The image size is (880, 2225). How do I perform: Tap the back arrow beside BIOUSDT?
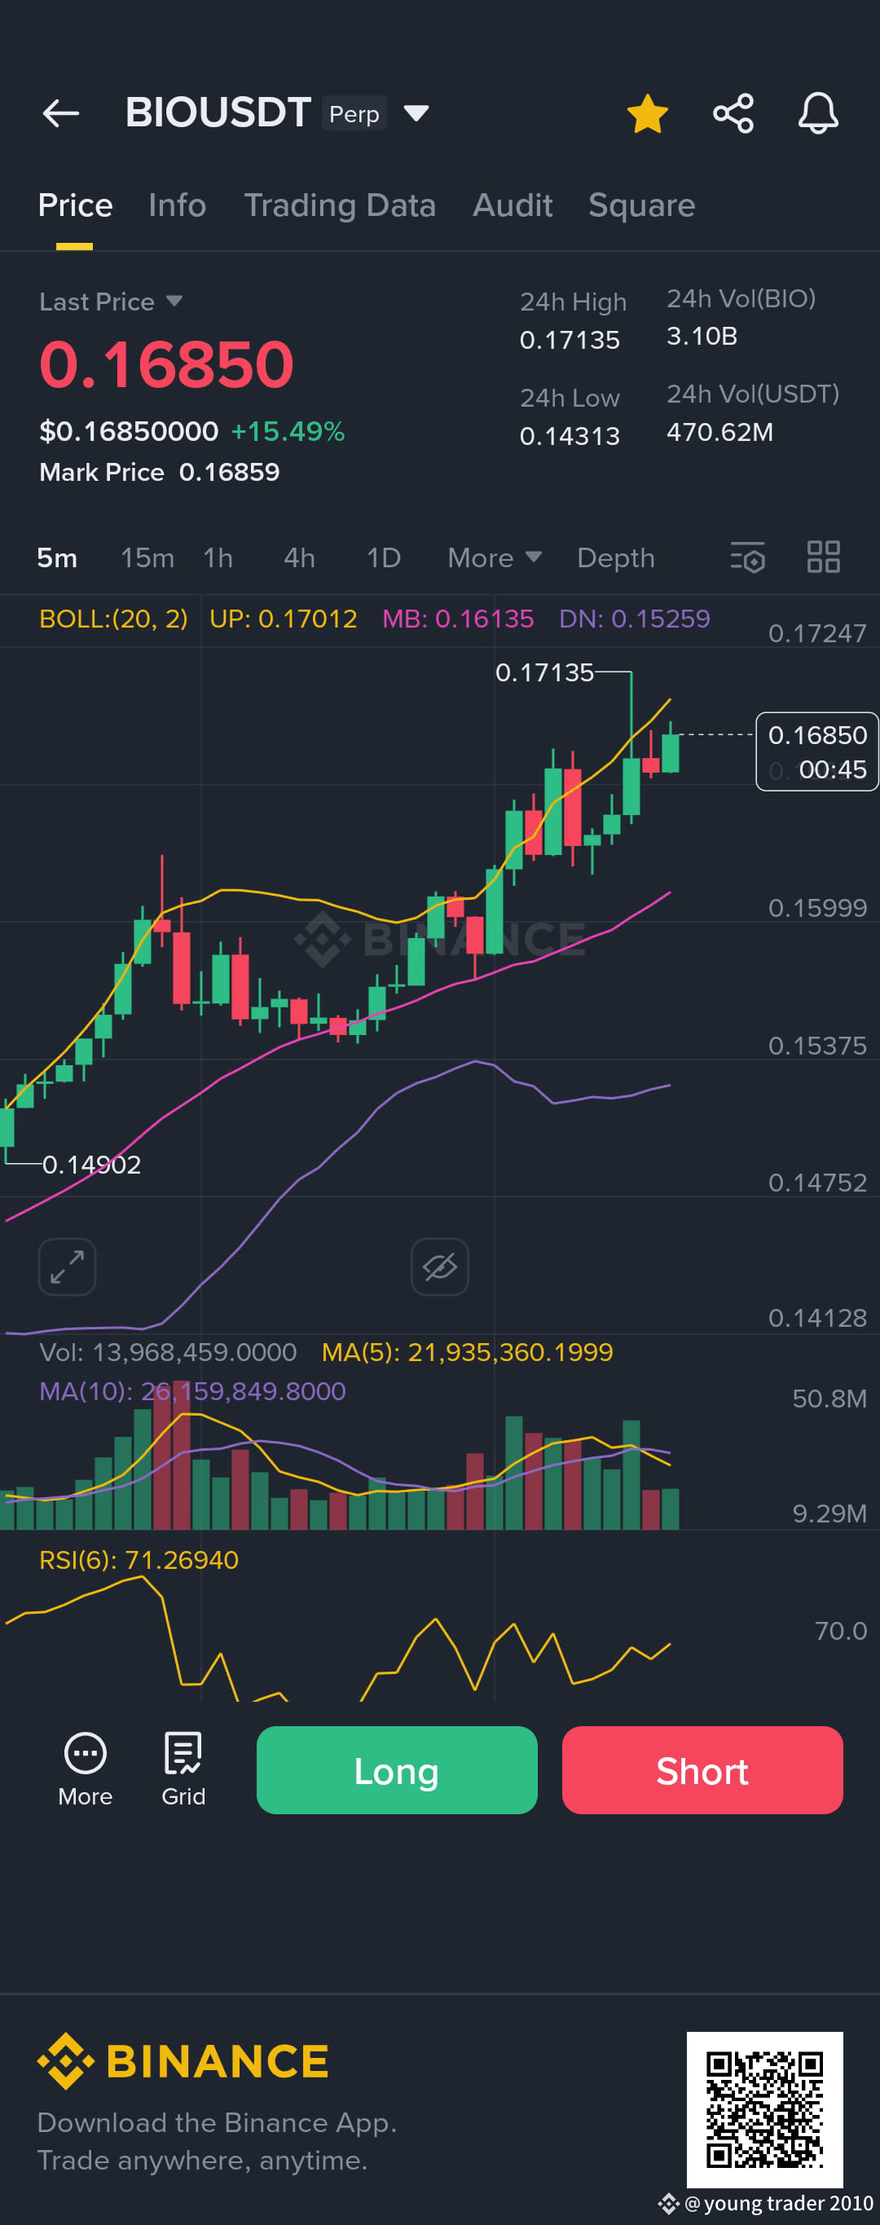coord(60,113)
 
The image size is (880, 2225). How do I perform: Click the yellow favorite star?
coord(647,113)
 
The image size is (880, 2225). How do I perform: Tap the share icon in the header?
coord(733,113)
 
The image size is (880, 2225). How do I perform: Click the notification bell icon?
coord(818,113)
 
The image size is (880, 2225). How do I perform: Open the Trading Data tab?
coord(340,205)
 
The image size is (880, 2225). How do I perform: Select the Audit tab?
coord(512,205)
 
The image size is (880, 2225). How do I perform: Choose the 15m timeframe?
coord(147,558)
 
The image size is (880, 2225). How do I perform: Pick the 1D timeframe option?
coord(384,558)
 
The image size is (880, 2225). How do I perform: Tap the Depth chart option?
coord(616,558)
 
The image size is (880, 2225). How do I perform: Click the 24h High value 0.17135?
coord(570,341)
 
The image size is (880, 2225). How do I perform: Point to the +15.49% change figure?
coord(288,431)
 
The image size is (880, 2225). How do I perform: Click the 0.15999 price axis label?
coord(817,908)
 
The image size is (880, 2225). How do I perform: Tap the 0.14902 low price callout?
coord(91,1165)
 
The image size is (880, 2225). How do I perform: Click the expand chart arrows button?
coord(68,1267)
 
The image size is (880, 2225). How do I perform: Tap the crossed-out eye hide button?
coord(439,1267)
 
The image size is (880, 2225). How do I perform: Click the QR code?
coord(764,2109)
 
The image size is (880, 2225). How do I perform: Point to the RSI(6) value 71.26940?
coord(182,1560)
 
